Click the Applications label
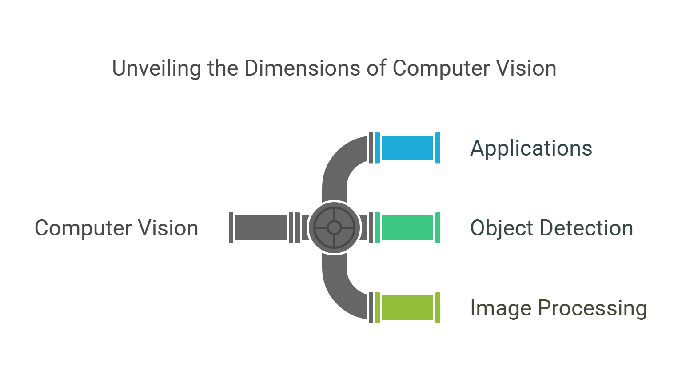pyautogui.click(x=531, y=148)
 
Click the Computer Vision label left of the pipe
pyautogui.click(x=116, y=228)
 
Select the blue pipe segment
pyautogui.click(x=407, y=148)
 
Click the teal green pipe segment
pyautogui.click(x=407, y=227)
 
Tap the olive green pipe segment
pyautogui.click(x=407, y=307)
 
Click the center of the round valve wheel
pyautogui.click(x=334, y=227)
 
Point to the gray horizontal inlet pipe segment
pyautogui.click(x=261, y=227)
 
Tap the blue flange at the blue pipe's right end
pyautogui.click(x=438, y=148)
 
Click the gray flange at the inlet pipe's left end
pyautogui.click(x=231, y=227)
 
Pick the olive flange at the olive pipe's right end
pyautogui.click(x=438, y=307)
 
